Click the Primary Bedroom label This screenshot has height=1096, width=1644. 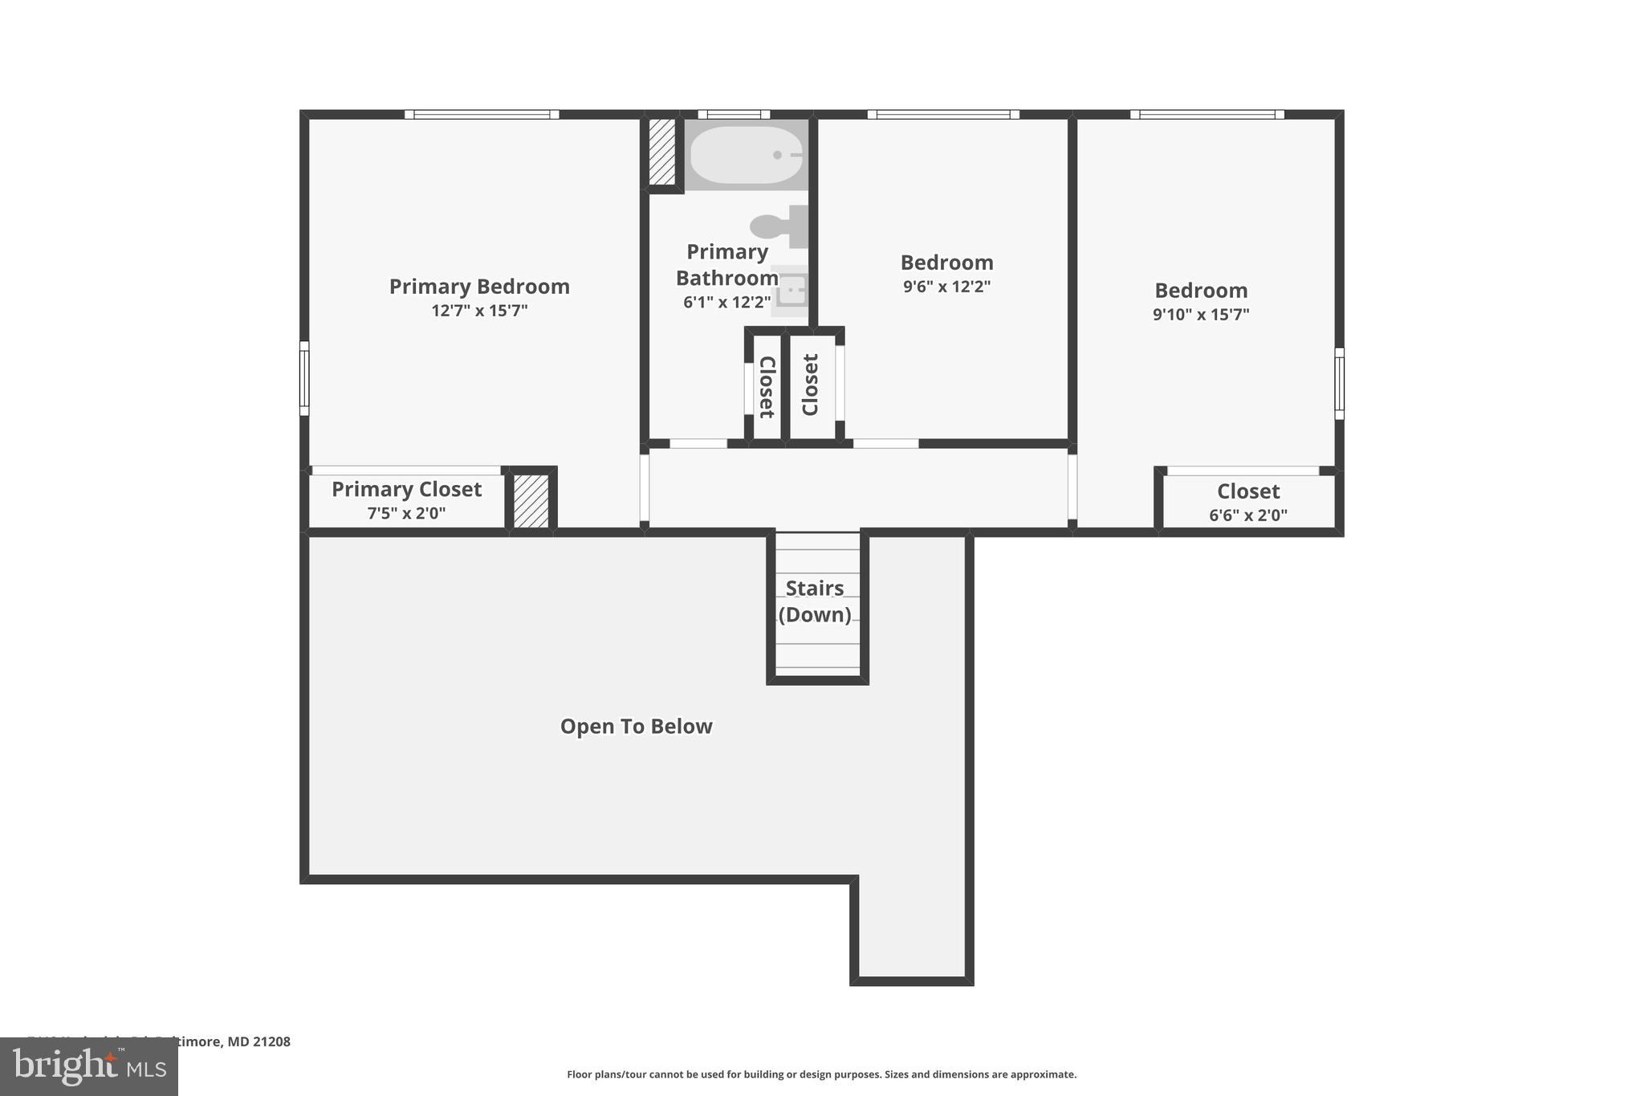pos(479,287)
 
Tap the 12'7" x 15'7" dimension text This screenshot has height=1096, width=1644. pos(479,311)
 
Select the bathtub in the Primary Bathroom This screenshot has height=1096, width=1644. pos(746,155)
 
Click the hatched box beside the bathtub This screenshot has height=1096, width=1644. pos(662,152)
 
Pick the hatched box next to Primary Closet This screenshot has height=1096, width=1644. pos(531,501)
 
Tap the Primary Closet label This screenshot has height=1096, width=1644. pos(406,490)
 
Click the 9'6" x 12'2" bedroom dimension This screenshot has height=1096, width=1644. pos(946,287)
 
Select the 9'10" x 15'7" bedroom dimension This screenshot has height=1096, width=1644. pos(1201,315)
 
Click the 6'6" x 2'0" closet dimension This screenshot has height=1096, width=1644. pos(1247,515)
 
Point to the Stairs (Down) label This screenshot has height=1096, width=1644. pos(815,601)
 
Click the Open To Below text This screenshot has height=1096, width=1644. pos(636,727)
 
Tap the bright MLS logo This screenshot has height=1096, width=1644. pos(89,1066)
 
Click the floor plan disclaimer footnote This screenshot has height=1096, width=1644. pos(821,1074)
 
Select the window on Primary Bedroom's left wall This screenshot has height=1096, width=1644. pos(304,378)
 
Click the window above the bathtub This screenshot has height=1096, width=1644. pos(734,115)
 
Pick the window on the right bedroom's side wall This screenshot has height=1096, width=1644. pos(1339,383)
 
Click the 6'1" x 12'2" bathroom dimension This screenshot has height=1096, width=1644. pos(726,303)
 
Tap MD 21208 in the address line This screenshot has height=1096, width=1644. pos(258,1041)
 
